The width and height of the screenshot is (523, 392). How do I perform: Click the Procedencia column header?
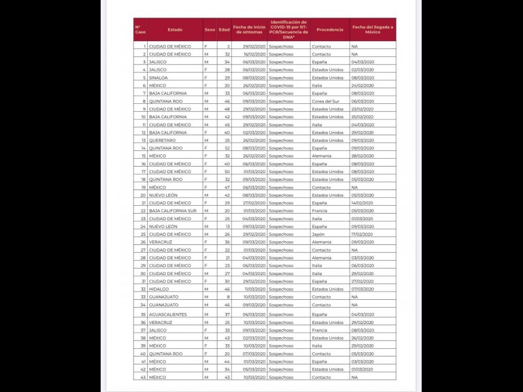pos(329,29)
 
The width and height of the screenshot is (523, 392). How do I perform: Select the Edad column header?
pos(224,29)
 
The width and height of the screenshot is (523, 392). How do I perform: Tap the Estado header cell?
pos(175,29)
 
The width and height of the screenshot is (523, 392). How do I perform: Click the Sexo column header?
pos(209,29)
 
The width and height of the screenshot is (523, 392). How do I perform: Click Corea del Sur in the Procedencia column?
pos(326,101)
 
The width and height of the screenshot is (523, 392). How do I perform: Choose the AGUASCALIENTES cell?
pos(168,314)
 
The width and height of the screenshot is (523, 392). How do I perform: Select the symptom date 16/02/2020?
pos(253,54)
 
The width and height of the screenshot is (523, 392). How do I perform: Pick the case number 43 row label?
pos(143,377)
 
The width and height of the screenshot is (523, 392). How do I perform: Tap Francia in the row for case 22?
pos(320,210)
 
